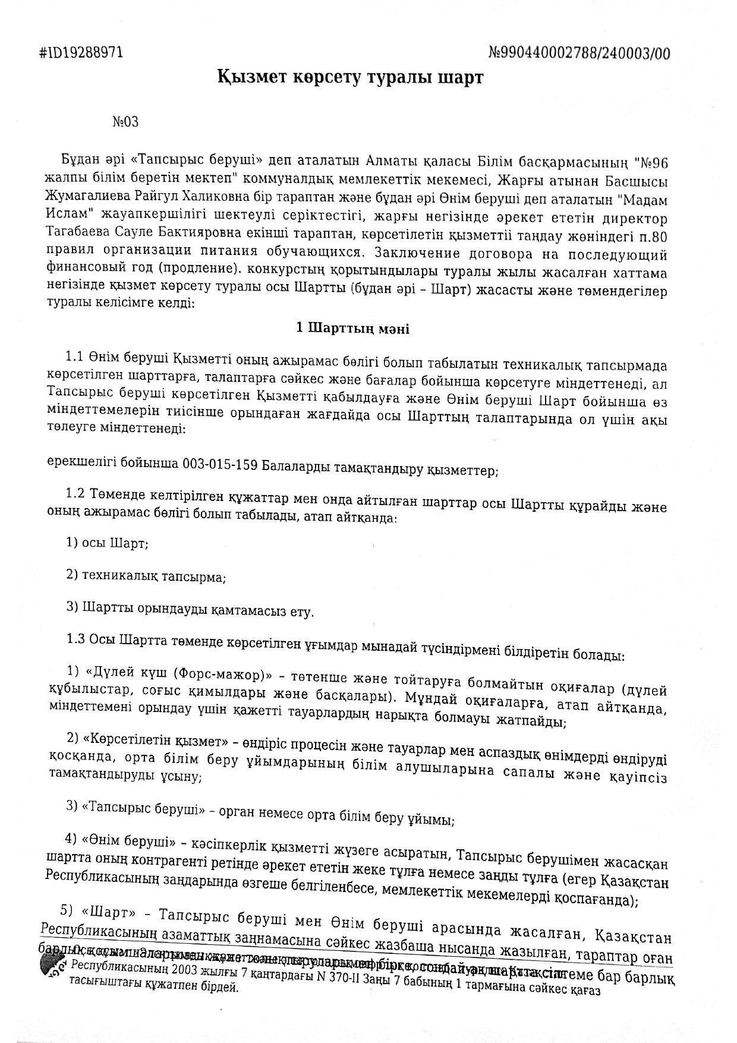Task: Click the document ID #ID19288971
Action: [x=81, y=53]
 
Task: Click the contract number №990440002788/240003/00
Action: [x=579, y=53]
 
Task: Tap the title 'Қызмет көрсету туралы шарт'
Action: [x=351, y=77]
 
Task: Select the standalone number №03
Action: [x=125, y=122]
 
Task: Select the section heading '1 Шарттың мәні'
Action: [x=352, y=328]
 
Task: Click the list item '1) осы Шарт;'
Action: [x=108, y=543]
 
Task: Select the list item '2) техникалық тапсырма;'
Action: [x=146, y=576]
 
